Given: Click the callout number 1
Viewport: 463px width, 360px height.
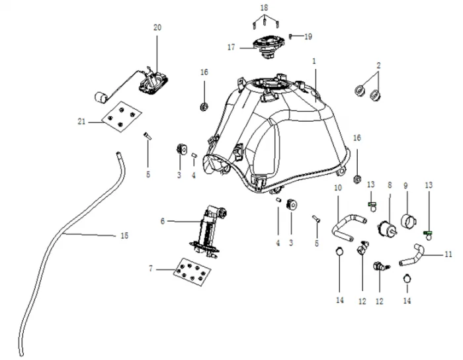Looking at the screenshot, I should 315,60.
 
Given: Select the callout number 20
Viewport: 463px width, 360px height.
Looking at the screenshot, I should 157,27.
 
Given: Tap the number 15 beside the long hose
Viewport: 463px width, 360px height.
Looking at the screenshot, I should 124,236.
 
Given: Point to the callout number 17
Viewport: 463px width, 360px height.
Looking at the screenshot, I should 232,47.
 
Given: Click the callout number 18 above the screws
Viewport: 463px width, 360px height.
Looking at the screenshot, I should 265,7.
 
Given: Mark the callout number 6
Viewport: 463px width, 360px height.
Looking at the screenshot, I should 162,220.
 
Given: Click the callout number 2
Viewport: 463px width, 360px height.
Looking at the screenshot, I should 378,66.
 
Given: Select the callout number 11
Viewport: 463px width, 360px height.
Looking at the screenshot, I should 448,254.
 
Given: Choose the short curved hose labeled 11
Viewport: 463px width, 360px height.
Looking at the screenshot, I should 417,253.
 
